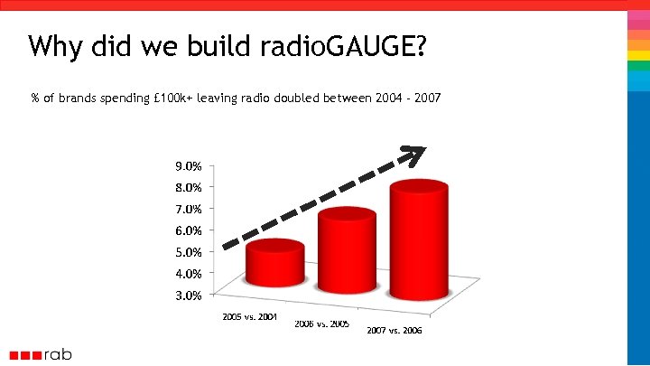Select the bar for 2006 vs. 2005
point(347,249)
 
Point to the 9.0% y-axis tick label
point(188,166)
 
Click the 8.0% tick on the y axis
point(188,188)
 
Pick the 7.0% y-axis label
point(188,209)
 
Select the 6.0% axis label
point(188,230)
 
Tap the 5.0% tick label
point(188,252)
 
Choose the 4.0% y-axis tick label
point(188,273)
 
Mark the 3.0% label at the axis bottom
point(188,295)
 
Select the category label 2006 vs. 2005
point(322,324)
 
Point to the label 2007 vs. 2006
point(395,331)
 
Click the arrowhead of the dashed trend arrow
point(416,155)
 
